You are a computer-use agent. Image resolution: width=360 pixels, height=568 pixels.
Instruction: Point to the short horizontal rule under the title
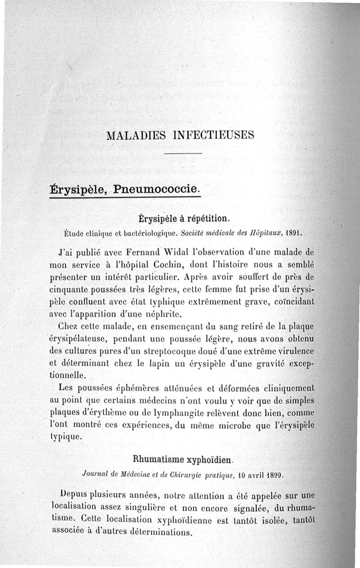183,154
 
